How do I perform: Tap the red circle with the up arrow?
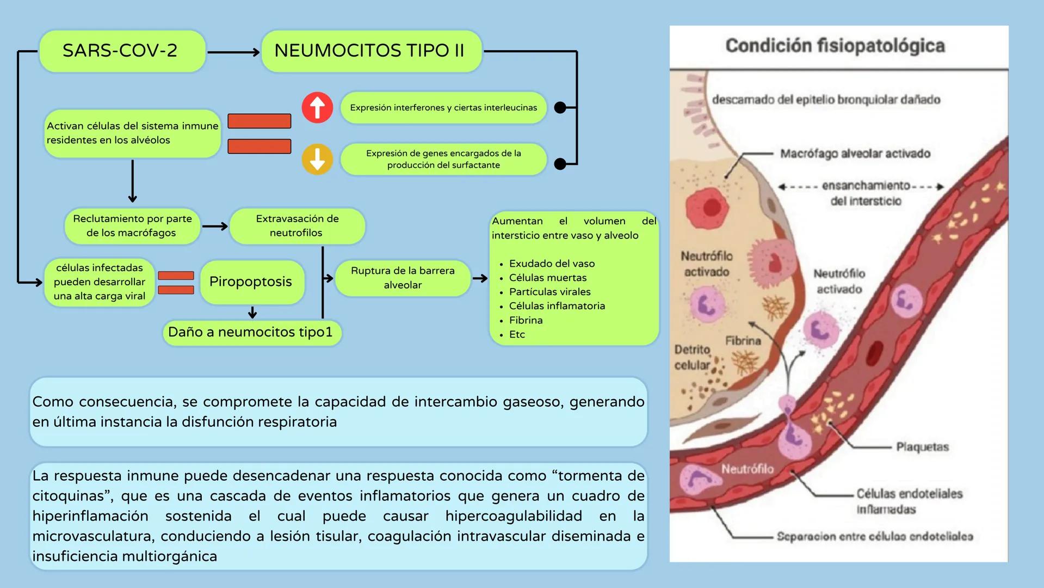tap(317, 107)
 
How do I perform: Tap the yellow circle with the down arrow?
tap(317, 159)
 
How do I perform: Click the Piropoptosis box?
tap(251, 282)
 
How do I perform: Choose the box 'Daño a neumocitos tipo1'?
tap(251, 332)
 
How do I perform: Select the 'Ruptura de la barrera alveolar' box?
tap(403, 278)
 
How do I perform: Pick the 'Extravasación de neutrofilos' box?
tap(297, 225)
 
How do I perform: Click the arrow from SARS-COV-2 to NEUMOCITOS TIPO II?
tap(233, 52)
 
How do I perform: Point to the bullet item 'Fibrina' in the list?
tap(526, 320)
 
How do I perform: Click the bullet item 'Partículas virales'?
tap(549, 292)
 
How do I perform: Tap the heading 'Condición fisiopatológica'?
tap(835, 46)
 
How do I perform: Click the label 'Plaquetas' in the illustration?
tap(922, 447)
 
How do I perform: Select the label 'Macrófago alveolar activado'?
tap(855, 154)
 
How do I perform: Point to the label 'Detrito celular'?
tap(692, 357)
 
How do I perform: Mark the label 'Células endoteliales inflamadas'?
tap(909, 501)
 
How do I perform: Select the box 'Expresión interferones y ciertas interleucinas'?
tap(443, 108)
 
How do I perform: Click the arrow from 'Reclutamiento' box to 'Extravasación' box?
tap(215, 226)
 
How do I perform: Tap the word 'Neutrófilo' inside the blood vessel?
tap(747, 469)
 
